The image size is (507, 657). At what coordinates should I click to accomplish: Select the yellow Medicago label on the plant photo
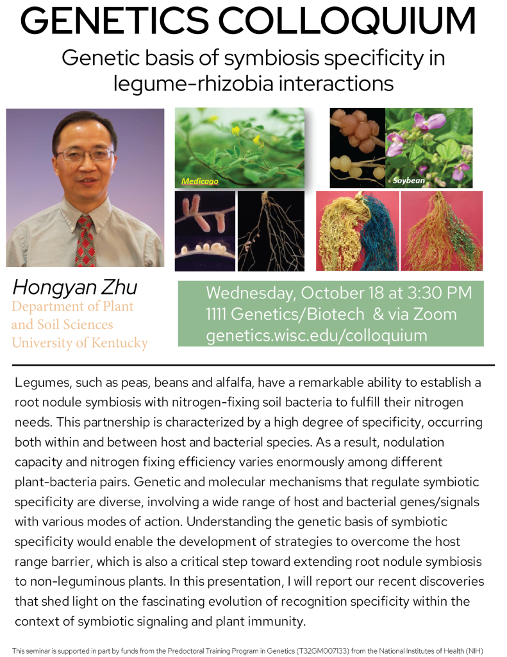click(x=200, y=182)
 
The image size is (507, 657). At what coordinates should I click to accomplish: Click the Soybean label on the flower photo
click(x=409, y=180)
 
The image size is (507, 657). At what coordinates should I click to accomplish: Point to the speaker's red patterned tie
click(x=85, y=241)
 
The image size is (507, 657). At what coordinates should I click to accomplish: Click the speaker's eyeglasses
click(x=85, y=155)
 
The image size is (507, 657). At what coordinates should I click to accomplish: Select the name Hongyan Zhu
click(x=75, y=287)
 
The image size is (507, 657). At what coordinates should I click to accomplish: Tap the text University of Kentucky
click(x=79, y=343)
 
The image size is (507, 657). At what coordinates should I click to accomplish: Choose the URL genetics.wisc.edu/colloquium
click(x=317, y=336)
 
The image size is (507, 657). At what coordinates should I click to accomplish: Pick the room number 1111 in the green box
click(x=216, y=314)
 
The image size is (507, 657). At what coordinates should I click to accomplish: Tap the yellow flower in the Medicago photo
click(x=236, y=131)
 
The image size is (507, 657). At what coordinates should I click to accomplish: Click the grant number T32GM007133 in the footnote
click(x=322, y=651)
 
